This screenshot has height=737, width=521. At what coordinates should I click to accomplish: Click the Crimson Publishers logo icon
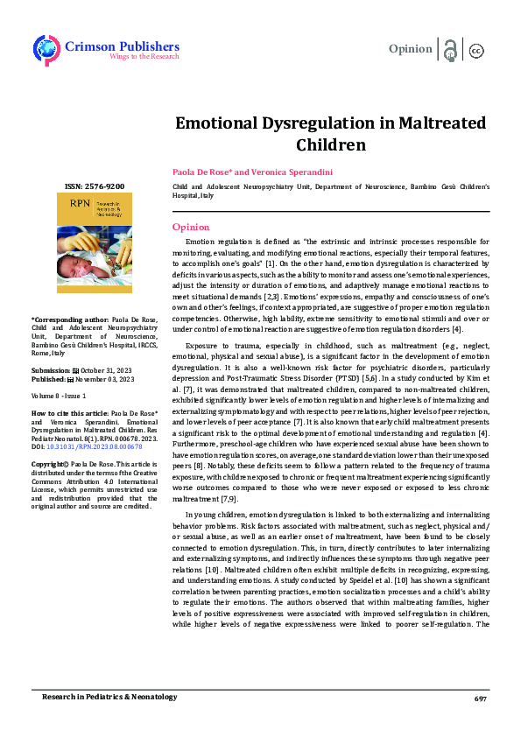point(45,49)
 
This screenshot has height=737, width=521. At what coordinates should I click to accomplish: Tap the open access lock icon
point(451,50)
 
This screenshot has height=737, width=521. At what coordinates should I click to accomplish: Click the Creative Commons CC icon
point(477,50)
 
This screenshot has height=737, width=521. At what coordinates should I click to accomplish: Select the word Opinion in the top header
point(410,49)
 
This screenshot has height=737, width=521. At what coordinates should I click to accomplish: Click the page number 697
point(480,698)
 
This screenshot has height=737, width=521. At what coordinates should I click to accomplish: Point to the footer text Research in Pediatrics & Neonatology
point(109,697)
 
